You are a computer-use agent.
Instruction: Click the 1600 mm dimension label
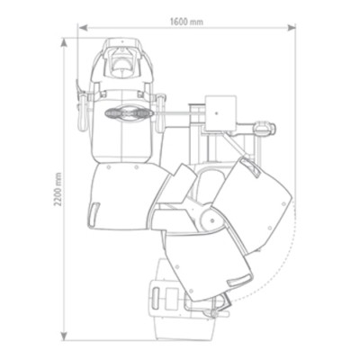point(186,22)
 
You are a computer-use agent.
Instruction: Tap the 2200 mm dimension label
point(58,189)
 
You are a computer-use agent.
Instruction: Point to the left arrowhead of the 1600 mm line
point(83,28)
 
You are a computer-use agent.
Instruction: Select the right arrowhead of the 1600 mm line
point(292,28)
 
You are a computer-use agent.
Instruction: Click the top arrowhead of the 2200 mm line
point(63,42)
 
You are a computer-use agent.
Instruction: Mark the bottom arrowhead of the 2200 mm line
point(63,336)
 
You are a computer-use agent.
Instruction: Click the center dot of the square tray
point(217,113)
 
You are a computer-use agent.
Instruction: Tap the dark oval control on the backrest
point(129,113)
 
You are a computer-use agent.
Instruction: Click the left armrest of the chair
point(82,112)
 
